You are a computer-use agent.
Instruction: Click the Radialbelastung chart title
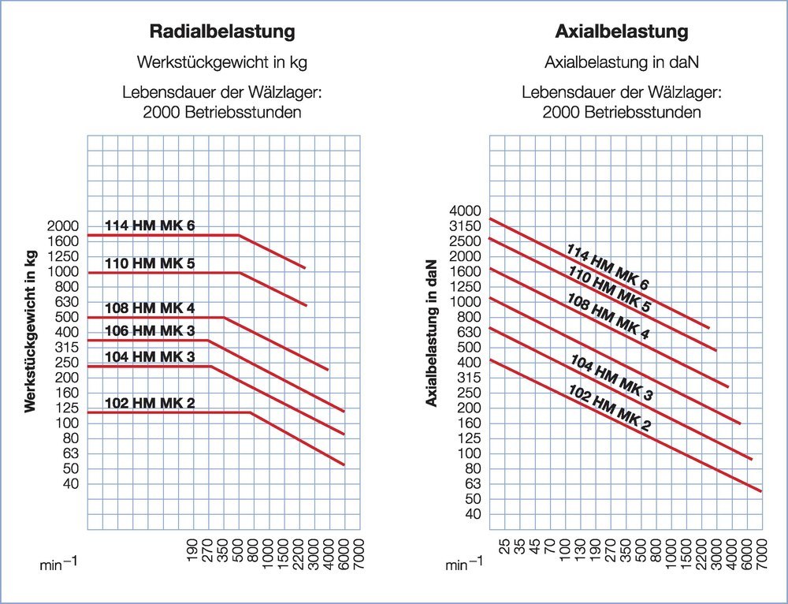pos(222,32)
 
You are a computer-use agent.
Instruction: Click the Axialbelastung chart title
pos(622,32)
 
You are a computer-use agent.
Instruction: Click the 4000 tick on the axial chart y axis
pos(465,211)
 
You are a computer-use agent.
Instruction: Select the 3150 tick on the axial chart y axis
pos(465,226)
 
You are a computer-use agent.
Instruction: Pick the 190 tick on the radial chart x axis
pos(193,548)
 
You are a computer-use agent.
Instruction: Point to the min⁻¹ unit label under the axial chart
pos(462,565)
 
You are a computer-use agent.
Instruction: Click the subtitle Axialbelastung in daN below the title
pos(622,62)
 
